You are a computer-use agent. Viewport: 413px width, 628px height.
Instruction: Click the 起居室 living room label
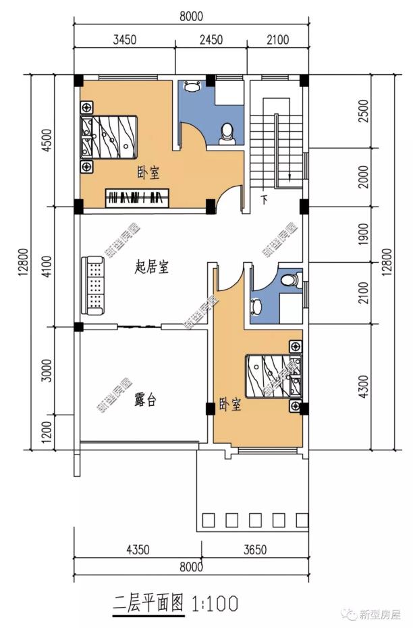click(x=151, y=268)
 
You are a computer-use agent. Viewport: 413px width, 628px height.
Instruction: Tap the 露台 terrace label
click(x=145, y=400)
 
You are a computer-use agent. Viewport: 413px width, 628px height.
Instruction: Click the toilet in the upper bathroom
click(x=227, y=132)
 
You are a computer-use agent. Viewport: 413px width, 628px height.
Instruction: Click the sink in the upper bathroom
click(x=192, y=86)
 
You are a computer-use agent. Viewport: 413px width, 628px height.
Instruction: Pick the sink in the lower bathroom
click(x=256, y=305)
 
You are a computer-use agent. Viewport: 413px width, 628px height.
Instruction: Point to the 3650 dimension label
click(x=255, y=550)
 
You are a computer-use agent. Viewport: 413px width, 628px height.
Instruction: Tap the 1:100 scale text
click(x=215, y=603)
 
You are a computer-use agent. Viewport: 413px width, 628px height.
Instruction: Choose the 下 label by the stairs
click(x=265, y=200)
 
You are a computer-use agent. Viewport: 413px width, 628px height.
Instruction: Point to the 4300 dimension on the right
click(x=362, y=385)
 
